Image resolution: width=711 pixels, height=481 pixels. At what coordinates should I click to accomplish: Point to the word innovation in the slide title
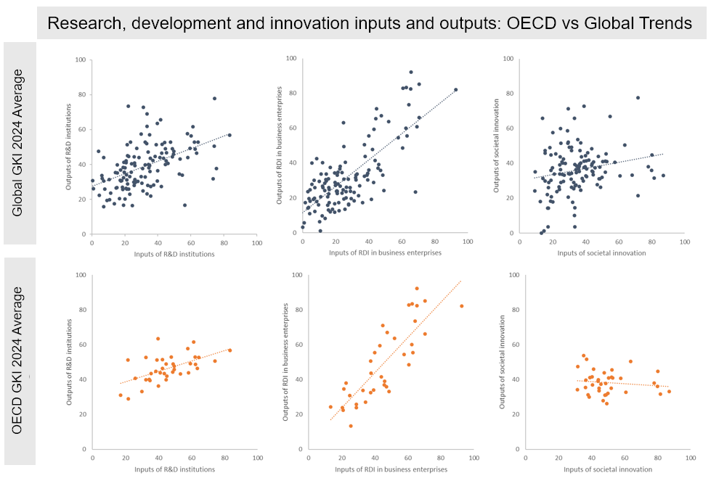(x=298, y=23)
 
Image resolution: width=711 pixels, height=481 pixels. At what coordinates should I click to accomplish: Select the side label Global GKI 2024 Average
(x=19, y=143)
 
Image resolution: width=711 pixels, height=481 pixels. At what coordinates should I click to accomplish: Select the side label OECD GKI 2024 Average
(x=19, y=361)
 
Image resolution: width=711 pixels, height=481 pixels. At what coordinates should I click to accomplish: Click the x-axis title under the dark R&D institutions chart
(x=174, y=253)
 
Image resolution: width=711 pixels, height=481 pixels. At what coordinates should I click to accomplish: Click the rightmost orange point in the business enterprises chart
(x=461, y=306)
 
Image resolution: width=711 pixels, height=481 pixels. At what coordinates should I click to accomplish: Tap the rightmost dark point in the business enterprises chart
(x=456, y=89)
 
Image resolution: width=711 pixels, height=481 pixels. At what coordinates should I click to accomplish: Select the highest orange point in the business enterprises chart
(x=417, y=288)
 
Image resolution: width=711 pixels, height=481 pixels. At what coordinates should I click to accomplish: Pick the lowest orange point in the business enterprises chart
(x=351, y=426)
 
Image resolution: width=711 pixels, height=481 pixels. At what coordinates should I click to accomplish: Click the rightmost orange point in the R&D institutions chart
(x=229, y=350)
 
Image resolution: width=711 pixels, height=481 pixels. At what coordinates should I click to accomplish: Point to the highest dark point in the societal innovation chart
(x=638, y=98)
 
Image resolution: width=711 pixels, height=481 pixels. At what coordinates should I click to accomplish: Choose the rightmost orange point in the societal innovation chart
(x=669, y=392)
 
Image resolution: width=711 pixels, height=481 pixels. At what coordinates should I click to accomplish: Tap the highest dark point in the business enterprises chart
(x=411, y=72)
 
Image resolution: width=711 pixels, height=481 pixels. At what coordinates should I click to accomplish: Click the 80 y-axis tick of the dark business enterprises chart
(x=291, y=93)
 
